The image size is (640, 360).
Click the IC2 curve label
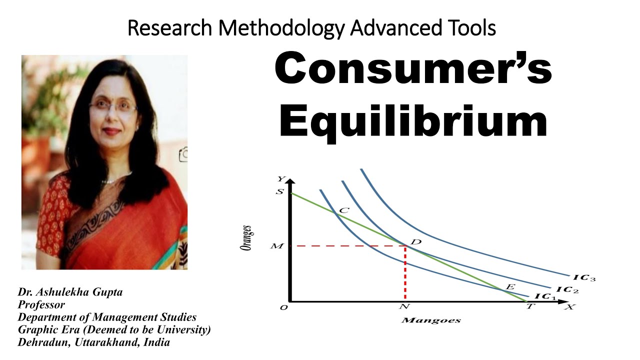pyautogui.click(x=566, y=289)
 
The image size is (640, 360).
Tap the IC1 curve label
pyautogui.click(x=545, y=296)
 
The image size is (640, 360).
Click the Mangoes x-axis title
pyautogui.click(x=430, y=320)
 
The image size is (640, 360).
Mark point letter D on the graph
pyautogui.click(x=416, y=242)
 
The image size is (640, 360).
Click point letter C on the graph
pyautogui.click(x=343, y=210)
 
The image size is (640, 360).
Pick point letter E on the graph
pyautogui.click(x=510, y=287)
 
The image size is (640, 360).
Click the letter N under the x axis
pyautogui.click(x=404, y=307)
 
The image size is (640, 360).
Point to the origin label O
pyautogui.click(x=283, y=307)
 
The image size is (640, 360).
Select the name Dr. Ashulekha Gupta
pyautogui.click(x=70, y=292)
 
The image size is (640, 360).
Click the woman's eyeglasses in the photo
pyautogui.click(x=113, y=106)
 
